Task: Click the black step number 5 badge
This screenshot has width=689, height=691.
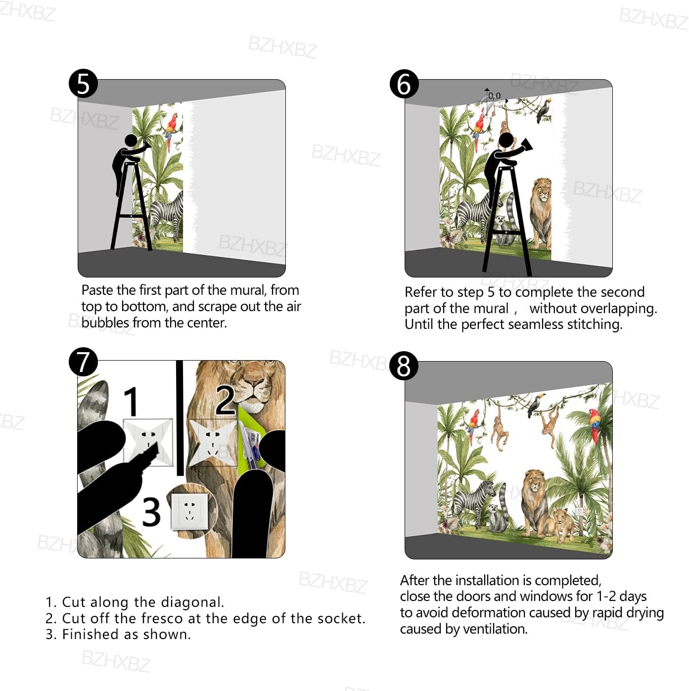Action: (x=83, y=84)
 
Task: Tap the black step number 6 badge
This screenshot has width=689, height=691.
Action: (x=404, y=84)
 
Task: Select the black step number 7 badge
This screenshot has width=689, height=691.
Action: (x=83, y=362)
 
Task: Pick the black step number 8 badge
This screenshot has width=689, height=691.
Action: (x=404, y=366)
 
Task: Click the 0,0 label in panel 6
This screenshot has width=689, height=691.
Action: (x=494, y=96)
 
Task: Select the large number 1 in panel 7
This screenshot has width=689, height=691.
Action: (x=132, y=401)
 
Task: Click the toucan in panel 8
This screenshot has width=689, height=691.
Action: (x=536, y=405)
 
